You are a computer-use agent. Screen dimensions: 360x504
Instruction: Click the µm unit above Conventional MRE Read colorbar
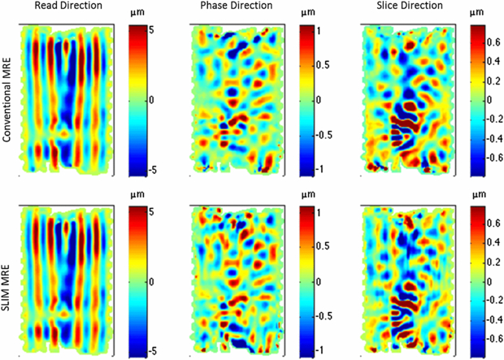coord(137,14)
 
